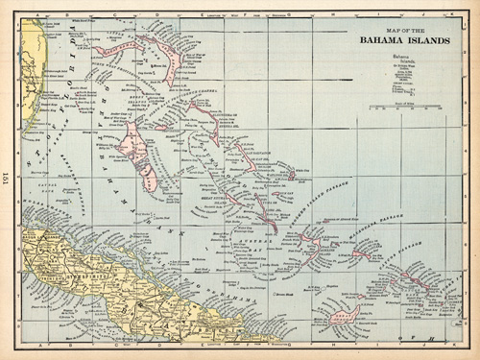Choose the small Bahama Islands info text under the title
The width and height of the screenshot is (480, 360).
(x=408, y=72)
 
